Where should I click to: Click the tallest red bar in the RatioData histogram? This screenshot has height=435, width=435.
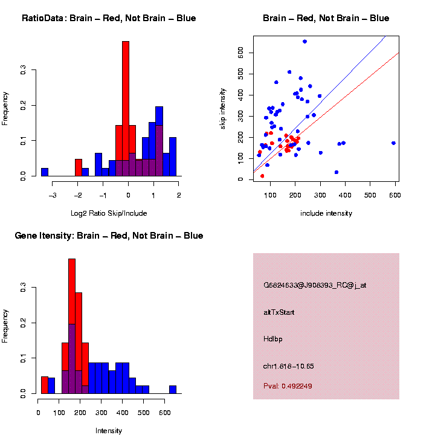pyautogui.click(x=126, y=109)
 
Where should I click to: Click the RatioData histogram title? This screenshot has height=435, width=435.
pyautogui.click(x=109, y=18)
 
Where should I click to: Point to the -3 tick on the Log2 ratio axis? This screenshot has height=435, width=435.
pyautogui.click(x=53, y=195)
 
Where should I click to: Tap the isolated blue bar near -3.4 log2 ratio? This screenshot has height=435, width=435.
pyautogui.click(x=45, y=172)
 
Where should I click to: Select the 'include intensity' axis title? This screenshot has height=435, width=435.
pyautogui.click(x=326, y=213)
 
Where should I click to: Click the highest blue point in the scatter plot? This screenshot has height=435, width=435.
pyautogui.click(x=304, y=41)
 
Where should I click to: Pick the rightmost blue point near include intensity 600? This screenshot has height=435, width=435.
pyautogui.click(x=393, y=143)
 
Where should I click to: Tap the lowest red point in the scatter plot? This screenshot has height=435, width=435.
pyautogui.click(x=262, y=176)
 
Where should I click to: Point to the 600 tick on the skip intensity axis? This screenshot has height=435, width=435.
pyautogui.click(x=240, y=53)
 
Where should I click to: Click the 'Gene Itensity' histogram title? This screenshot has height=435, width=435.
pyautogui.click(x=109, y=236)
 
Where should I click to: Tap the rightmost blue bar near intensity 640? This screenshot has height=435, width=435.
pyautogui.click(x=173, y=390)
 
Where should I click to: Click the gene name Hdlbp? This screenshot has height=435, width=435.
pyautogui.click(x=272, y=339)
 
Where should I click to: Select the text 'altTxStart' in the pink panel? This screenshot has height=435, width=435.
pyautogui.click(x=279, y=312)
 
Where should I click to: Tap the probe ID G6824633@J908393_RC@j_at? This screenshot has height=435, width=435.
pyautogui.click(x=315, y=285)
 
